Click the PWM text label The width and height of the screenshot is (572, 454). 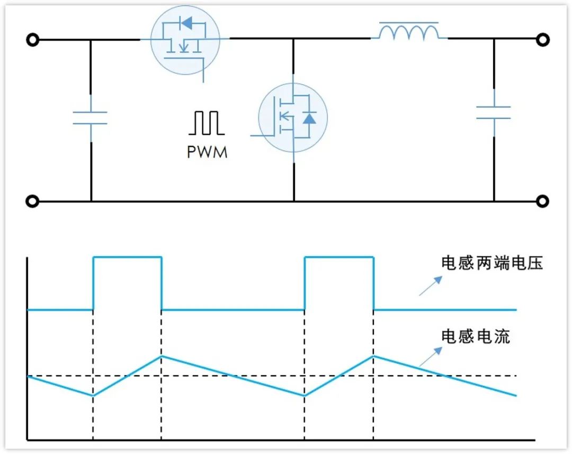[x=207, y=152]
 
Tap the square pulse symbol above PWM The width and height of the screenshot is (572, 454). [x=206, y=123]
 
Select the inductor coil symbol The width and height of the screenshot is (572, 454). [x=409, y=31]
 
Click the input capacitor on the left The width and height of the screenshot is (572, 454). [x=90, y=117]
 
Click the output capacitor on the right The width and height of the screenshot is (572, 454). [x=494, y=113]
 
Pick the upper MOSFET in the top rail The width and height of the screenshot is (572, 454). [x=185, y=40]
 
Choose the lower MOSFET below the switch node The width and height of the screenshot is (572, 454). [x=292, y=117]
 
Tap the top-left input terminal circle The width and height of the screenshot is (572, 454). [x=32, y=39]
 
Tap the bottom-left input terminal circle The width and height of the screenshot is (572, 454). [x=32, y=201]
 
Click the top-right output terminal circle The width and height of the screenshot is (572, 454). [x=543, y=39]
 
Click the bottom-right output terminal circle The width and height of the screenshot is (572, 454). [x=543, y=201]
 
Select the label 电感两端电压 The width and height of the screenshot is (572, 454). [x=492, y=263]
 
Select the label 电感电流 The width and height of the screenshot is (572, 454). [x=475, y=337]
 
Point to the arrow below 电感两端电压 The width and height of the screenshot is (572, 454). [x=431, y=286]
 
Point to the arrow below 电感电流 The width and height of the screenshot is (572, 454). [x=431, y=356]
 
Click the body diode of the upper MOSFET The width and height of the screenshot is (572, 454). [x=186, y=23]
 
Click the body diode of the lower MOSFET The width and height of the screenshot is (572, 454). [x=309, y=118]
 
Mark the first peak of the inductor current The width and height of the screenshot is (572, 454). [x=162, y=356]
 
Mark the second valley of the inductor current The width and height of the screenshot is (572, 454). [x=304, y=395]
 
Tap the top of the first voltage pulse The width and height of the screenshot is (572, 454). [x=127, y=257]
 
